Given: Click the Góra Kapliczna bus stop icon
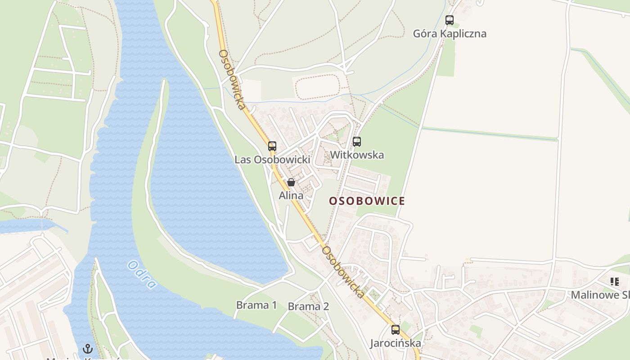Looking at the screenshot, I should pos(449,20).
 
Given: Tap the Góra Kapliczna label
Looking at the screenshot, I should pos(450,34).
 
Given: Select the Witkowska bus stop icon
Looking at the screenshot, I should pos(357,142).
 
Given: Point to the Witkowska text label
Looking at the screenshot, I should pos(357,155).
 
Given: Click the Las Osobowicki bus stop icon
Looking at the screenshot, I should pos(272,146).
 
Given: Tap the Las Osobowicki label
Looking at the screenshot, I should pos(272,160).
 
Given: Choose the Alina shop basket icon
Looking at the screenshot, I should pos(291,182).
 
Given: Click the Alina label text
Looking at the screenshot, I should pos(291,196).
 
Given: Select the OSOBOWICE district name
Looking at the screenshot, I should pos(367,201).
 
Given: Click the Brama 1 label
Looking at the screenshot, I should pos(256,305).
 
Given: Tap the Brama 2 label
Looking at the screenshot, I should pos(308,307).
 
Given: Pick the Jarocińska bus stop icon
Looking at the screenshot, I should pos(395,330).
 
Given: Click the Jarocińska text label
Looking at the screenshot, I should pos(395,343).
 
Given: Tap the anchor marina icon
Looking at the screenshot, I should pos(88,349).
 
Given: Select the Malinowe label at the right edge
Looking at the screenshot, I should pos(600,295).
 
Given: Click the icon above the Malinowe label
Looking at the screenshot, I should pos(614,282).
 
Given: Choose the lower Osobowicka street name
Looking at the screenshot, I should pos(343,272).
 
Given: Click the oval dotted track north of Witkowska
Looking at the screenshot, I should pos(317,86).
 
